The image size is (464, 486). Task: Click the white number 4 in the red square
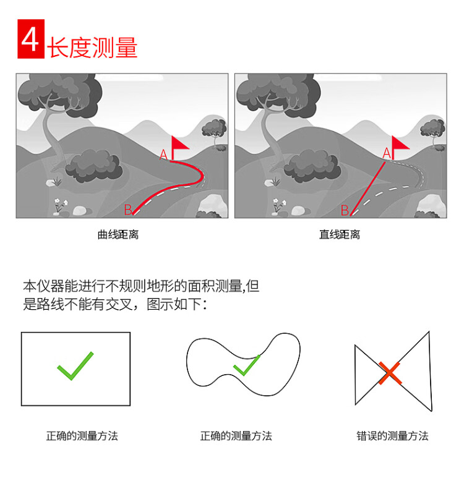coord(30,39)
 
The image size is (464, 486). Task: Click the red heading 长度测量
coord(92,48)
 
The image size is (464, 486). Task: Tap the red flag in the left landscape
coord(179,148)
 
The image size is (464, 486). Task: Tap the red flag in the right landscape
coord(400,147)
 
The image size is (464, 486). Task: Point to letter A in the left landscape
coord(163,155)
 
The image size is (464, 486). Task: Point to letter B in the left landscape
coord(128,210)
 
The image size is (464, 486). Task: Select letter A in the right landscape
coord(387,153)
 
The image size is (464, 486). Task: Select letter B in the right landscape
coord(345,210)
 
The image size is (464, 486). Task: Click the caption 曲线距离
coord(118,234)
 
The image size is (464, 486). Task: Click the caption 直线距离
coord(340,234)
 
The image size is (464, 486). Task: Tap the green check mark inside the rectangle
coord(75,366)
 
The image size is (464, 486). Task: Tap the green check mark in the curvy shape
coord(247,366)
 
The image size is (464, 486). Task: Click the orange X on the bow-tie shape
coord(390,373)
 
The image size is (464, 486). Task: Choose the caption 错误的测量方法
coord(392,436)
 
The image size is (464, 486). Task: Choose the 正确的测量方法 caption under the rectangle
coord(82,436)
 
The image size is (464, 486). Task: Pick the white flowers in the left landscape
coord(61,205)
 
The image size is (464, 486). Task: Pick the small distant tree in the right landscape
coord(432,132)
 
